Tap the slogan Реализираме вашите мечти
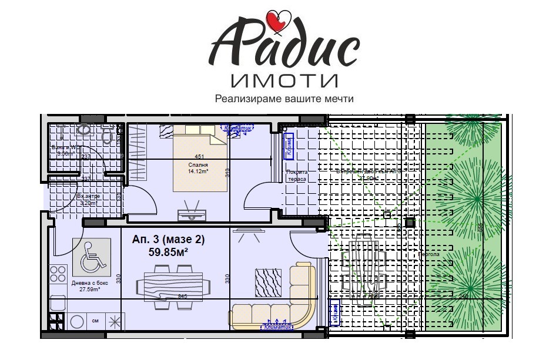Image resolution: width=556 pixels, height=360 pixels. pos(284,98)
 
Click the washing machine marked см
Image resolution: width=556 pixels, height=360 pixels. pos(95,321)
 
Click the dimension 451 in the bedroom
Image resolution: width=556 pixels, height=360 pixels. pos(200,157)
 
